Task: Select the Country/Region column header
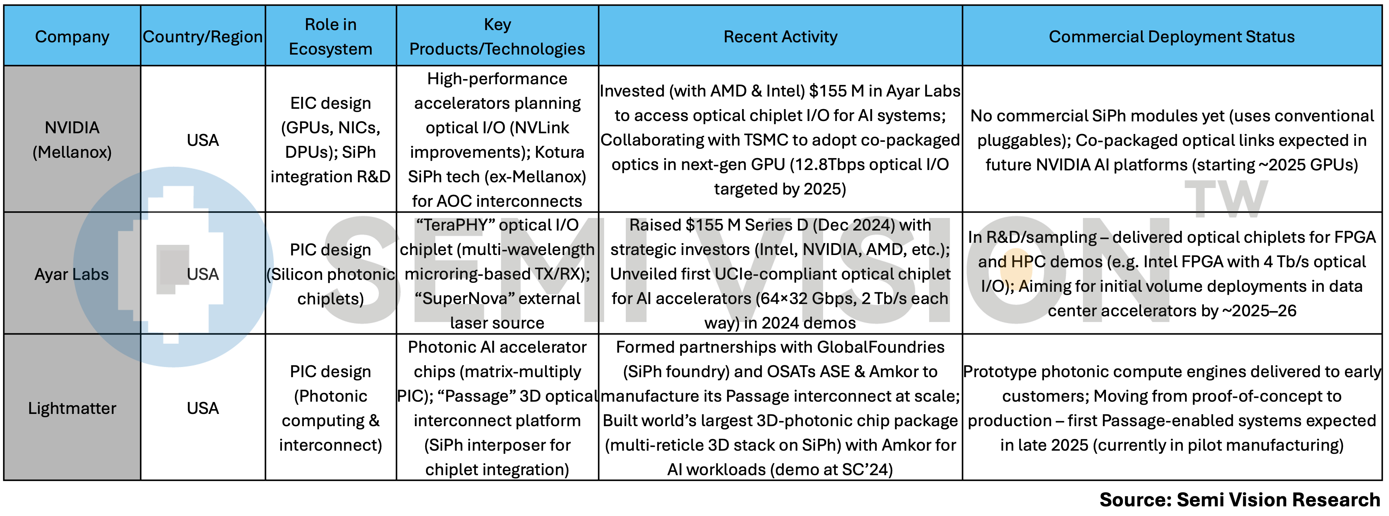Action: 203,37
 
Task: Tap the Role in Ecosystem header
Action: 331,37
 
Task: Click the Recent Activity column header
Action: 780,37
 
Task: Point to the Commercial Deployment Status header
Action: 1171,37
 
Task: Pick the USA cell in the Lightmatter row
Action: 203,408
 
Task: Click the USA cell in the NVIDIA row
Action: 203,140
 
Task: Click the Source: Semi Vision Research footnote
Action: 1239,500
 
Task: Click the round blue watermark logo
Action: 173,267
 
